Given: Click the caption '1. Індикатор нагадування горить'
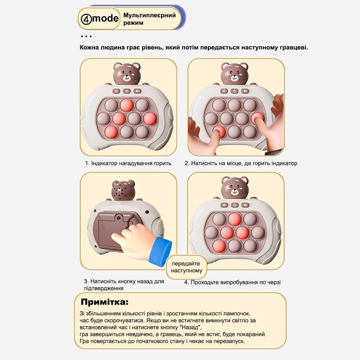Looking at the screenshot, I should coord(128,163).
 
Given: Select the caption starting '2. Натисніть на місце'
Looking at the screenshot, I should coord(241,163).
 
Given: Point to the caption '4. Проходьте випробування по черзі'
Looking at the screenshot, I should coord(232,282).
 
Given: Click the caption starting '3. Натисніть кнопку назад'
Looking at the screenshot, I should coord(123,284).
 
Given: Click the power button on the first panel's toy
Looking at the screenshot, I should coord(127,91).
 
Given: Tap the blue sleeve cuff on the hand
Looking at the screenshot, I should coord(159,250).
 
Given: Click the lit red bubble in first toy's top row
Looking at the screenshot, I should coord(127,105).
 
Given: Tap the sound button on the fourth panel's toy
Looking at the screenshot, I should coord(245,205).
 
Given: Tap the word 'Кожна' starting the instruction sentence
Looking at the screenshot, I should coord(91,47).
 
